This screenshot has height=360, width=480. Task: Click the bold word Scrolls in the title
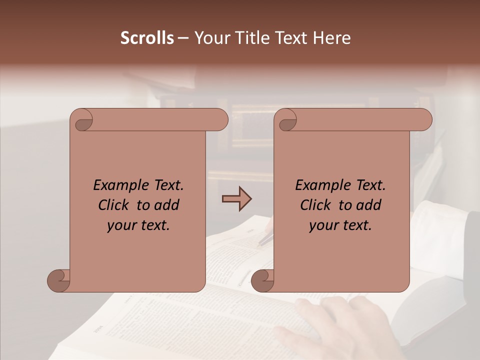[x=147, y=38]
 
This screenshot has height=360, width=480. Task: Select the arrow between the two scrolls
[x=236, y=199]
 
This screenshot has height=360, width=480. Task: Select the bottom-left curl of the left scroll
[x=59, y=280]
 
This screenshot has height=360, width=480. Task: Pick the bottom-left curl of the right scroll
[x=262, y=280]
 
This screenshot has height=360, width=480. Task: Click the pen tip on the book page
[x=261, y=243]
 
